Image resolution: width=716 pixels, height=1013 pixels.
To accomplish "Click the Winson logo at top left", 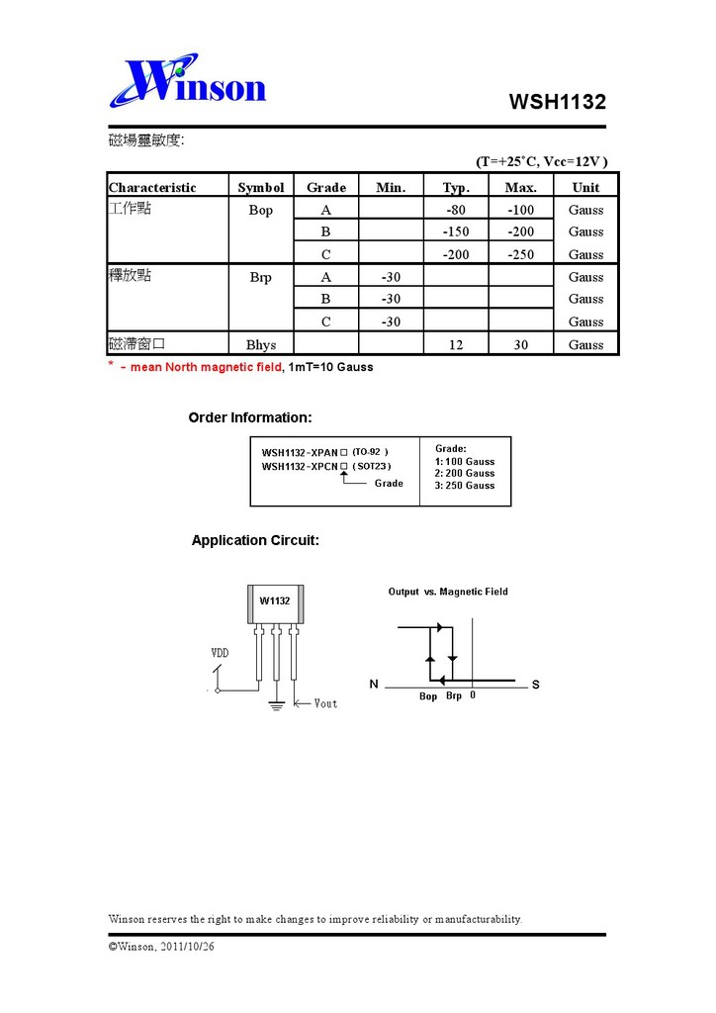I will tap(188, 81).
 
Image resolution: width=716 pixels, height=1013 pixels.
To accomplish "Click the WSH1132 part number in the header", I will tap(557, 102).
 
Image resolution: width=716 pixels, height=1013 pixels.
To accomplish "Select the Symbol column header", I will tap(260, 187).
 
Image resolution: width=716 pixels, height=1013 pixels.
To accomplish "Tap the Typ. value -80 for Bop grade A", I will tap(455, 210).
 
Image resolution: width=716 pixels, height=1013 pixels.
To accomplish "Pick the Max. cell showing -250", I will tap(520, 254).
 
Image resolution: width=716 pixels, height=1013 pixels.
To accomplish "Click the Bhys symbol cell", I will tap(260, 344).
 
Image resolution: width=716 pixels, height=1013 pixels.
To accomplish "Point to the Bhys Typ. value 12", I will tap(455, 344).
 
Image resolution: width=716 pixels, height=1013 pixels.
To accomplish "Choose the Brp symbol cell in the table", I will tap(260, 277).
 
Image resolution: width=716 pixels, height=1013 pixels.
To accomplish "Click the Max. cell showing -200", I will tap(520, 231).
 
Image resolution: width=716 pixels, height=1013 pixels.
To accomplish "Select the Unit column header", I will tap(585, 187).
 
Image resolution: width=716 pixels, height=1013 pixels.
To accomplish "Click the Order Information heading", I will tap(250, 417).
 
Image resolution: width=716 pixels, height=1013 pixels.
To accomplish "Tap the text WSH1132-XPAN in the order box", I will tap(299, 452).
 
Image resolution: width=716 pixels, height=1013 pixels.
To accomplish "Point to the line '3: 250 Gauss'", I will tap(465, 486).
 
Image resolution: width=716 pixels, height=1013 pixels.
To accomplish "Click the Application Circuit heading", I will tap(255, 540).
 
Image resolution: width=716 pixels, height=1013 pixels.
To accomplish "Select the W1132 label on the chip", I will tap(275, 600).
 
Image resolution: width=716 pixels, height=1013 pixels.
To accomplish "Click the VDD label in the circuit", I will tap(221, 653).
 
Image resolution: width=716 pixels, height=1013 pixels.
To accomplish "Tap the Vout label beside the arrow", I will tap(325, 703).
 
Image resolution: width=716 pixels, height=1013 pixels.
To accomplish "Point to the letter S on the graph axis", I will tap(535, 685).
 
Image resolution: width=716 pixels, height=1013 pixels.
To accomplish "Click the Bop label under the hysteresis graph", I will tap(428, 696).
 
